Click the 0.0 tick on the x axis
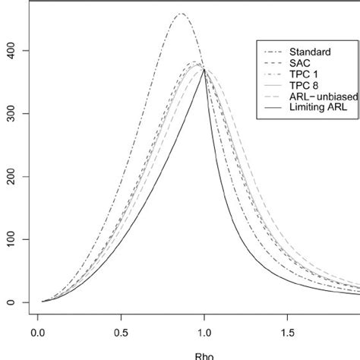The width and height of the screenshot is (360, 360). (38, 332)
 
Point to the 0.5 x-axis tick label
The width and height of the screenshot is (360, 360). (121, 332)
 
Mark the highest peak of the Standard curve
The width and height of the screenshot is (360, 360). (181, 14)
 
